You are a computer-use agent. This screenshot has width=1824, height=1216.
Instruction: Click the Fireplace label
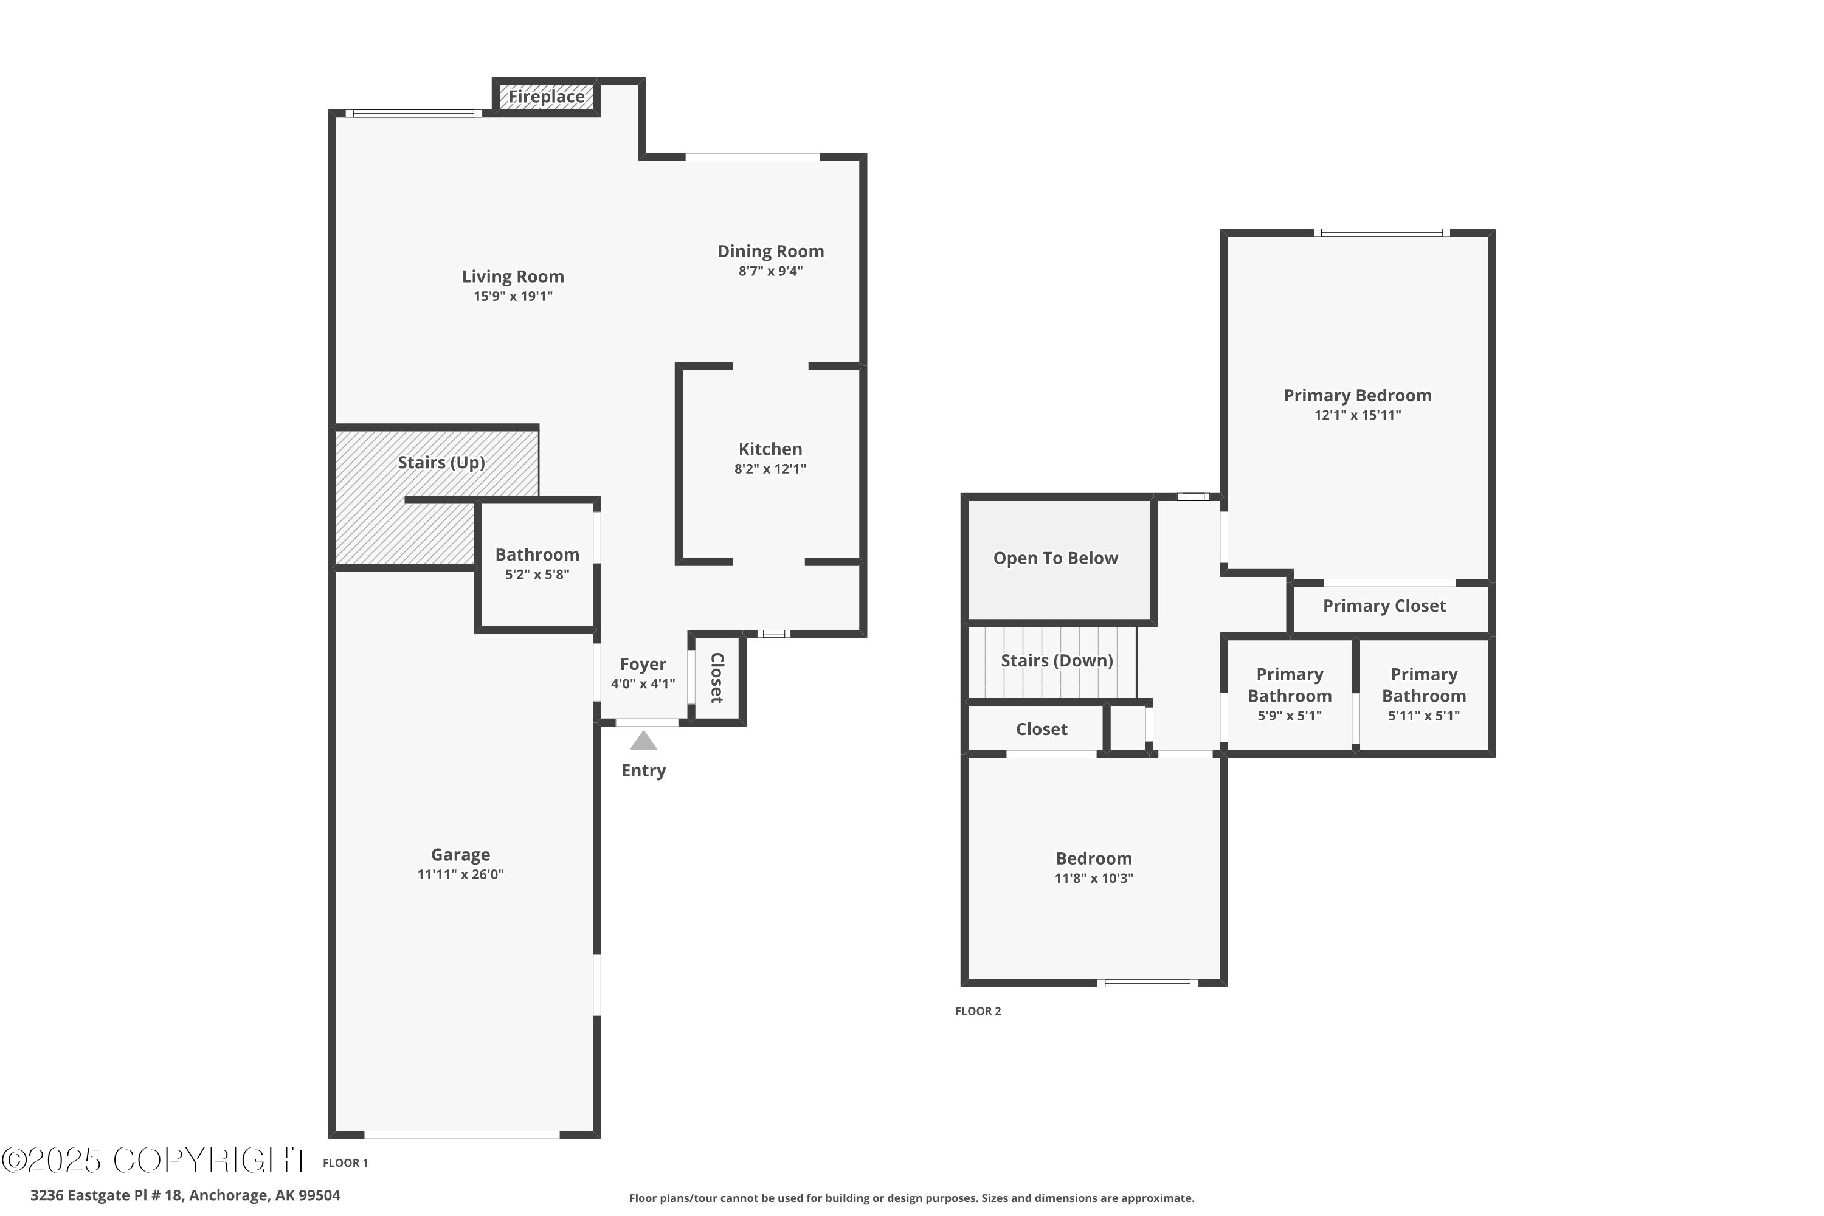[x=546, y=97]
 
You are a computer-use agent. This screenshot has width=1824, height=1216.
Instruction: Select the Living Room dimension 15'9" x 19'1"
[x=513, y=296]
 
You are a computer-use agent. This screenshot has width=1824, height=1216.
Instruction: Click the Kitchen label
[x=770, y=449]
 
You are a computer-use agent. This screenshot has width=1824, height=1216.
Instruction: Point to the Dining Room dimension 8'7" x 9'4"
[x=770, y=271]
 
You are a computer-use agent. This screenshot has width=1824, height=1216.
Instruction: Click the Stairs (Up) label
[x=441, y=463]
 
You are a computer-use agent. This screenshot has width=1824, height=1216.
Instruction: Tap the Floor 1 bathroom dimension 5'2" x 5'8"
[x=537, y=575]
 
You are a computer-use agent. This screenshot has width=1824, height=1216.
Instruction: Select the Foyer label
[x=643, y=665]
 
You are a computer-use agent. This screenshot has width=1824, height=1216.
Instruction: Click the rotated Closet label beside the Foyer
[x=717, y=678]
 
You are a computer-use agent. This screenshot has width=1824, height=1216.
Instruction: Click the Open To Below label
[x=1055, y=558]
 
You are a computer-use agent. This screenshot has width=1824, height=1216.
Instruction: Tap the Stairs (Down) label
[x=1056, y=661]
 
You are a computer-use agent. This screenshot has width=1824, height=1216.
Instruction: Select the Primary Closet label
[x=1384, y=606]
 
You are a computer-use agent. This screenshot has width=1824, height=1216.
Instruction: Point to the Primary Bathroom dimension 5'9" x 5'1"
[x=1289, y=716]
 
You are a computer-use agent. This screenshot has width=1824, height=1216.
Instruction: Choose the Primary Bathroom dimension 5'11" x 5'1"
[x=1424, y=716]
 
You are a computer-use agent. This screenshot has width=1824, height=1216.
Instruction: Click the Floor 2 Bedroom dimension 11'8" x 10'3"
[x=1093, y=879]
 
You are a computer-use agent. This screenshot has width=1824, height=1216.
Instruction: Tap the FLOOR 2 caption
[x=978, y=1011]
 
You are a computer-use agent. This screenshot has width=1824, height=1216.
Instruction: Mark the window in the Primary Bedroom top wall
[x=1381, y=233]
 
